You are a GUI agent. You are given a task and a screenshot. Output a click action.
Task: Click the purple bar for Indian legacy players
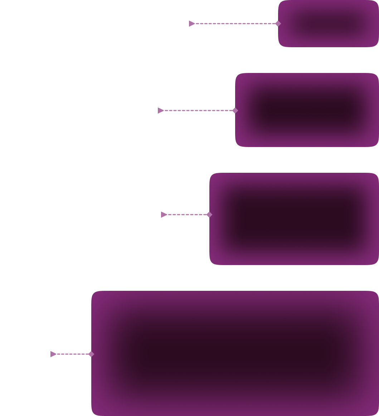tap(328, 24)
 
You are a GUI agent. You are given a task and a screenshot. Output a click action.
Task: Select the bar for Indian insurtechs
tap(307, 110)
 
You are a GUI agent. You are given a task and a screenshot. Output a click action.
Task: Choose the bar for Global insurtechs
tap(294, 219)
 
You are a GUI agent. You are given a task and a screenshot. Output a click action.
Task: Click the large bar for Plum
tap(235, 353)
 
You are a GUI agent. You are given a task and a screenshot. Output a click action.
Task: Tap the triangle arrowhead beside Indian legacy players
tap(192, 24)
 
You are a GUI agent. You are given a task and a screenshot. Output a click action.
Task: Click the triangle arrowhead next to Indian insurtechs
tap(161, 111)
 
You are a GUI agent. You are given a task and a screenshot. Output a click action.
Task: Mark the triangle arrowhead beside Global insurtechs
tap(164, 215)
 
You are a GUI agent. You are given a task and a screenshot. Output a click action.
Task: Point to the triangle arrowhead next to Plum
tap(53, 354)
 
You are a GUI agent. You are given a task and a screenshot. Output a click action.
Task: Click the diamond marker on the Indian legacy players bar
tap(278, 24)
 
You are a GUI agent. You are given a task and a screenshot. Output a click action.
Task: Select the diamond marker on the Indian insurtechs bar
tap(235, 111)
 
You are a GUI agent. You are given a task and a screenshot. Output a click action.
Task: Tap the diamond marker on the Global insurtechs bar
tap(209, 215)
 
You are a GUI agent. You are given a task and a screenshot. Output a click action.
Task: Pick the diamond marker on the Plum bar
tap(91, 354)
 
